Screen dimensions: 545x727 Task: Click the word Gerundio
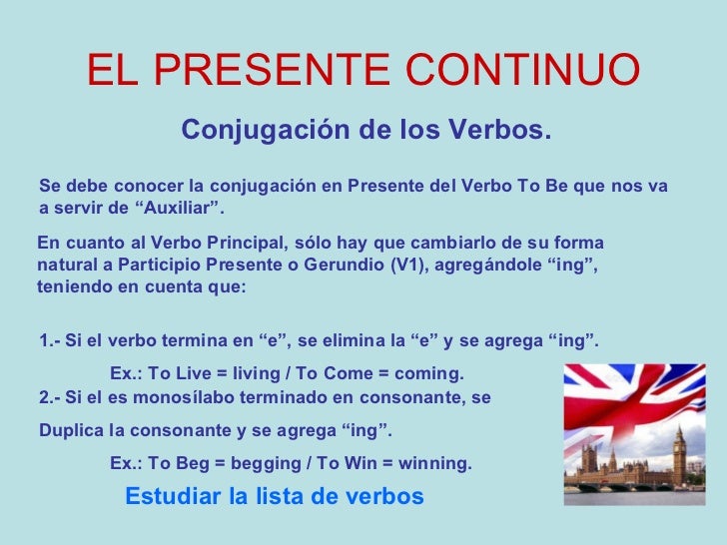[x=346, y=265]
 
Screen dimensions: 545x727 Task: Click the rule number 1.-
[x=50, y=340]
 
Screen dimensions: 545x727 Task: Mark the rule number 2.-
[x=50, y=396]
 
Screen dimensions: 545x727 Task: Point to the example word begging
[x=261, y=464]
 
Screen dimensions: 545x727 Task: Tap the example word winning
[x=436, y=464]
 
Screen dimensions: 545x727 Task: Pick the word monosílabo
[x=176, y=396]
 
